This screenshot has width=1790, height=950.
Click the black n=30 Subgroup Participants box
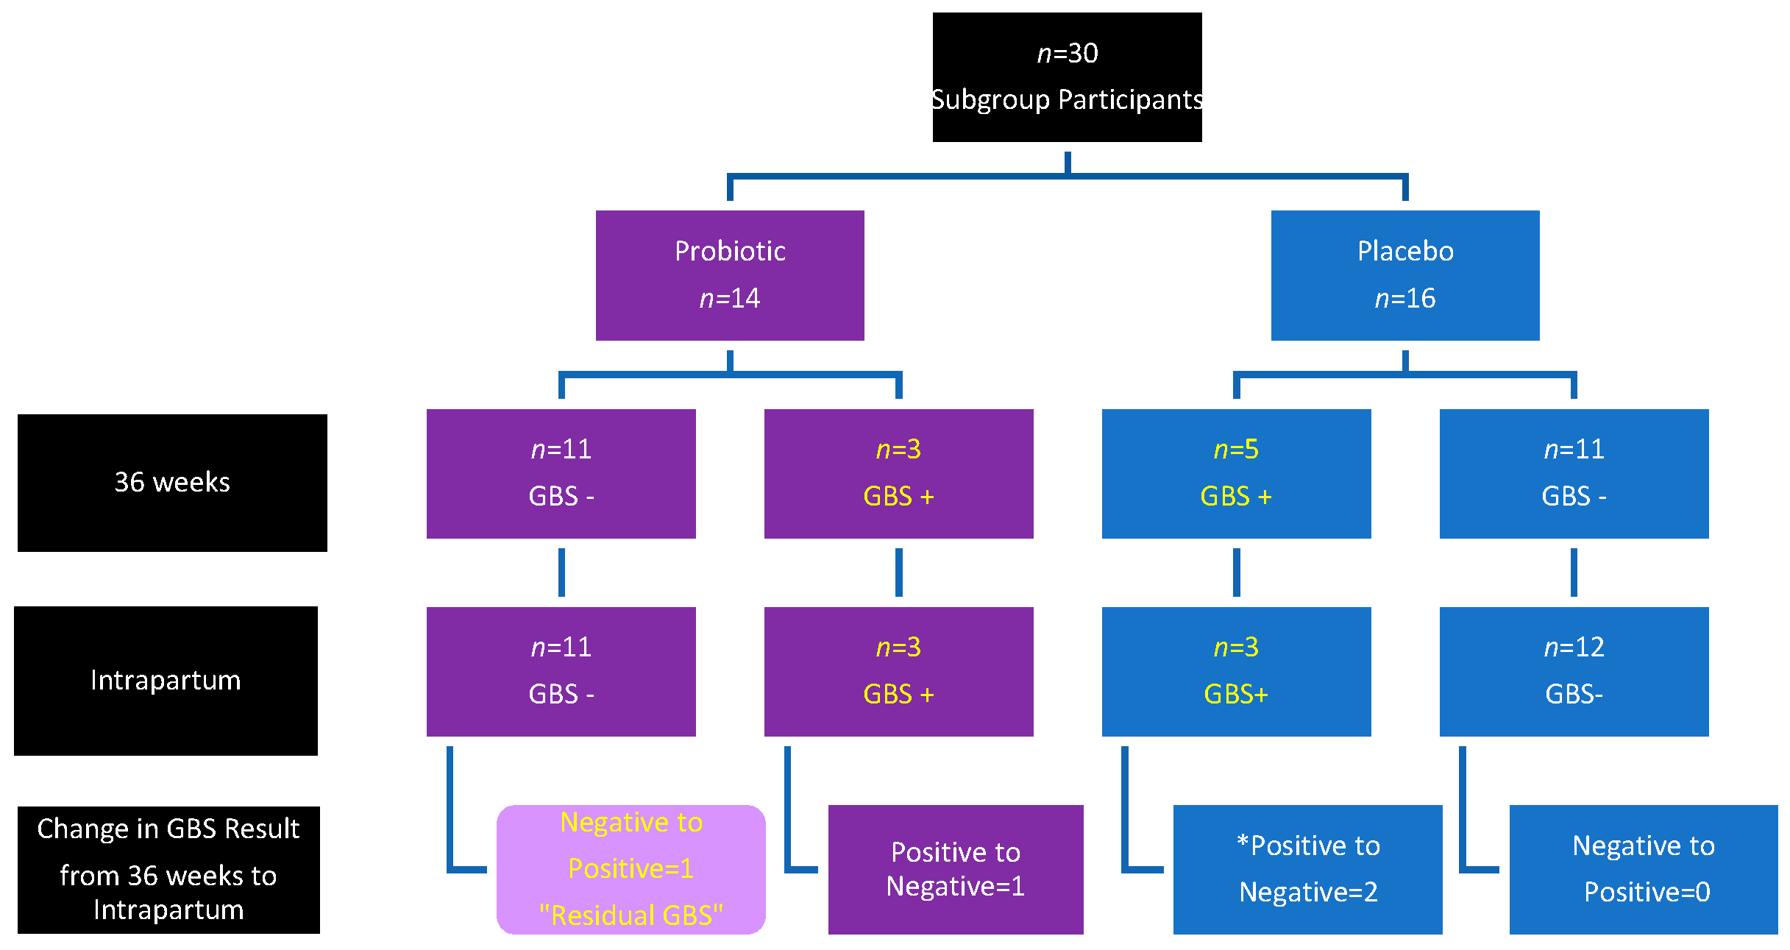click(x=1067, y=77)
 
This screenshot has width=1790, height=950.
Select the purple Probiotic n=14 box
click(x=729, y=275)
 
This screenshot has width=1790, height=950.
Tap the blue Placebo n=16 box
click(x=1404, y=275)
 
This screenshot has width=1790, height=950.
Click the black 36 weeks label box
click(x=172, y=483)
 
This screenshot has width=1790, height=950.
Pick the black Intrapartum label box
click(x=166, y=681)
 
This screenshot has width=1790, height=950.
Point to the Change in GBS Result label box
click(x=168, y=870)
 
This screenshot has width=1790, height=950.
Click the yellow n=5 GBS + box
click(x=1236, y=473)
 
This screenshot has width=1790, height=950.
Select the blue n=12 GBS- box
click(x=1574, y=671)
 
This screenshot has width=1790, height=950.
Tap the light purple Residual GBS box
click(x=631, y=869)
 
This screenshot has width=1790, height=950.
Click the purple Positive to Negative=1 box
click(x=955, y=869)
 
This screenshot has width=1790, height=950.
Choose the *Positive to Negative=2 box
click(x=1307, y=869)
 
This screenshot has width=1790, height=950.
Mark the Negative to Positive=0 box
click(x=1643, y=869)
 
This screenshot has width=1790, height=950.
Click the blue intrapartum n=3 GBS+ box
click(x=1236, y=671)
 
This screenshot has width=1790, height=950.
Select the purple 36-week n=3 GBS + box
click(x=898, y=473)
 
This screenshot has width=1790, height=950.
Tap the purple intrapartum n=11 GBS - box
click(x=561, y=671)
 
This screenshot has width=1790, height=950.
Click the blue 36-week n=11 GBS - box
click(x=1574, y=473)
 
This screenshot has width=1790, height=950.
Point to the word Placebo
click(x=1405, y=251)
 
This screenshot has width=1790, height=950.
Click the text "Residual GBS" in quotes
click(x=631, y=915)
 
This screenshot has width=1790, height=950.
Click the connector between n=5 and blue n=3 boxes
click(x=1236, y=573)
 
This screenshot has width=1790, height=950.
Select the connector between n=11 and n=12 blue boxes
click(x=1574, y=573)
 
